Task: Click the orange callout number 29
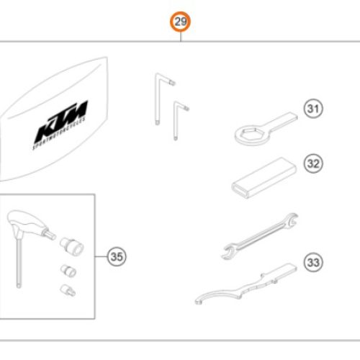click(x=180, y=23)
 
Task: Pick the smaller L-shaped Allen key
click(x=179, y=119)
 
